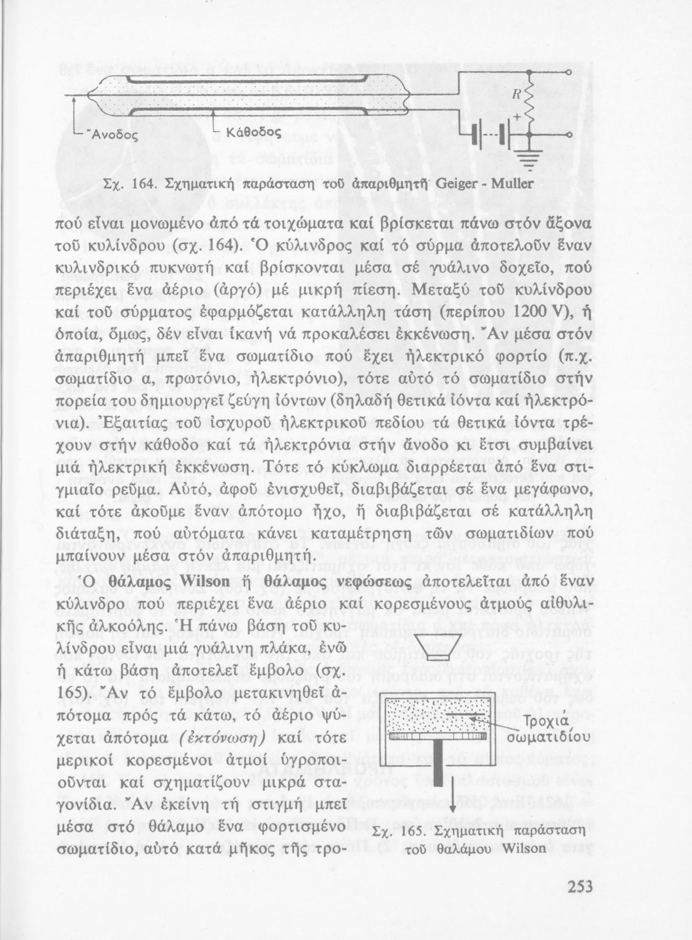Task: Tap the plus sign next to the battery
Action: click(x=517, y=118)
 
